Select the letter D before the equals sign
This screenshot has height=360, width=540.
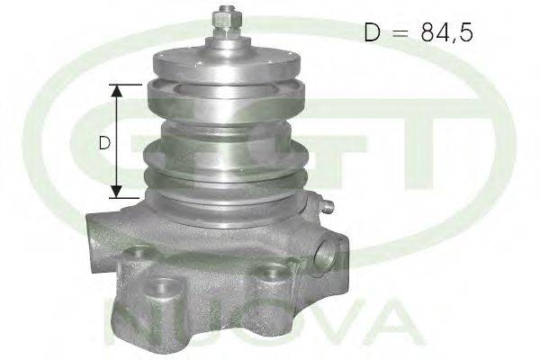373,31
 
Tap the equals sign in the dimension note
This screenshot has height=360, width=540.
400,32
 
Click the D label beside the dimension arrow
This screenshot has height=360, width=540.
104,142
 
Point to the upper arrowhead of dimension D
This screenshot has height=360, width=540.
117,91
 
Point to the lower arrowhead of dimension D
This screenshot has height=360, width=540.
117,192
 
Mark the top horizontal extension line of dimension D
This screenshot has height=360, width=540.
125,85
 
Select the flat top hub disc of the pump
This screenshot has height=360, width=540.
227,65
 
